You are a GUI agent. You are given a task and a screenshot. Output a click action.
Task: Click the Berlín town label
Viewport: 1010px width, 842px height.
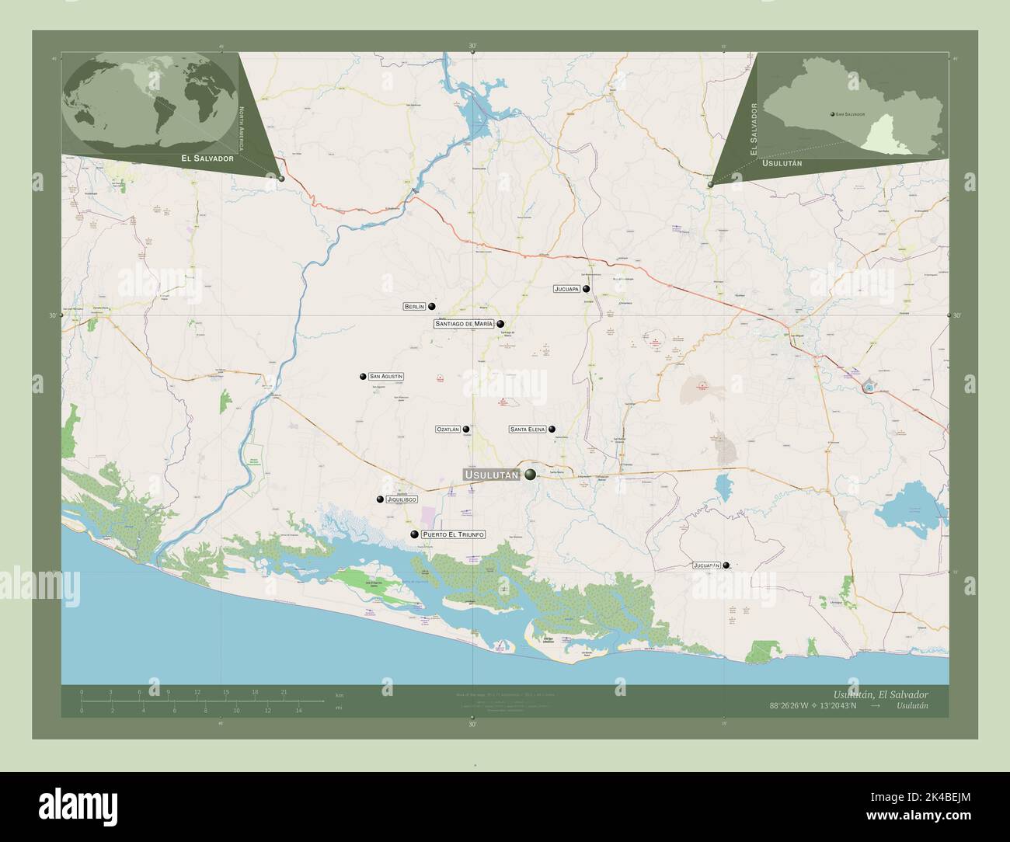tap(413, 307)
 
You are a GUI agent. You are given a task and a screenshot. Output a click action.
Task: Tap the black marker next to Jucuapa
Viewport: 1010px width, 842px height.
tap(597, 289)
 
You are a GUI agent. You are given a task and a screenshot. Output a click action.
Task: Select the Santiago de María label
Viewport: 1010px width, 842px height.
tap(464, 323)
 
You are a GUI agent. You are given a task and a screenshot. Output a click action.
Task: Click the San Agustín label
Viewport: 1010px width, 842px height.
tap(386, 377)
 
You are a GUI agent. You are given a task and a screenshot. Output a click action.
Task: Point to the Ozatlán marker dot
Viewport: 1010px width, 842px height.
tap(467, 429)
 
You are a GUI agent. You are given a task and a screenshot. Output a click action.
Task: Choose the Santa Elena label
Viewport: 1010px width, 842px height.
tap(528, 429)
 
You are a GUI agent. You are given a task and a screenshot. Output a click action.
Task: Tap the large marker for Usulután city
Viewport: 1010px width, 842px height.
tap(531, 475)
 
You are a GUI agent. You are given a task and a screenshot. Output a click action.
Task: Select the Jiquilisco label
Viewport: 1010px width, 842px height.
tap(402, 499)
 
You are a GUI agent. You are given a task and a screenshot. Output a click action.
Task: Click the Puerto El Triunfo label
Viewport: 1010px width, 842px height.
tap(453, 534)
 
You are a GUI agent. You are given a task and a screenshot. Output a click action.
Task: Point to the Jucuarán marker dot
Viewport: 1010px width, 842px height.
tap(726, 566)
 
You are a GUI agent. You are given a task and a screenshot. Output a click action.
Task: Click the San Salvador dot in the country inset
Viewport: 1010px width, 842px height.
tap(832, 114)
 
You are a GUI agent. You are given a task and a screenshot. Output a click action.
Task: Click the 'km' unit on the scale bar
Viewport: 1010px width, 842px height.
tap(339, 694)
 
